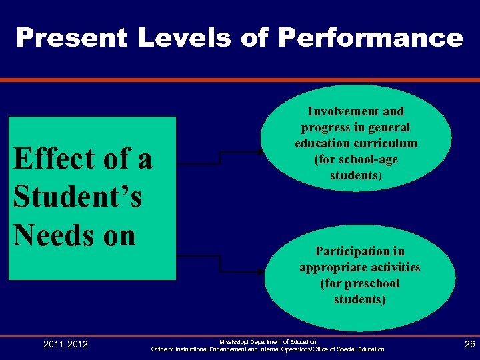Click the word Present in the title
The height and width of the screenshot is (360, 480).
tap(71, 38)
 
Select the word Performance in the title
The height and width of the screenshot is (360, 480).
tap(370, 38)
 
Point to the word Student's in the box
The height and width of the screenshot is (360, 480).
tap(77, 197)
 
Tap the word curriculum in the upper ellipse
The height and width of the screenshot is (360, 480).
tap(387, 143)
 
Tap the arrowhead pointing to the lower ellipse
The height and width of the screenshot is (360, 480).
tap(261, 273)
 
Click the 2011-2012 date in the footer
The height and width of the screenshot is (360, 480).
tap(65, 344)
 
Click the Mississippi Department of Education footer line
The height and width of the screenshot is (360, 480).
tap(268, 341)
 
